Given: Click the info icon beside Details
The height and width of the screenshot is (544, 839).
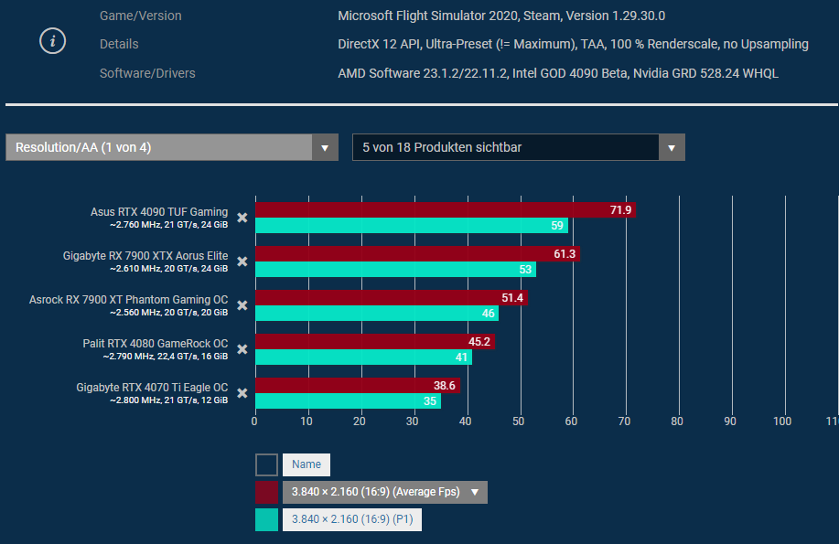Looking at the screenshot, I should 53,41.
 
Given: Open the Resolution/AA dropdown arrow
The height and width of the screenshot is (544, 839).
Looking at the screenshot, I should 325,147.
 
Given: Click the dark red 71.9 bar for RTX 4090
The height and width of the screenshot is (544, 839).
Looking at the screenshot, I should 445,210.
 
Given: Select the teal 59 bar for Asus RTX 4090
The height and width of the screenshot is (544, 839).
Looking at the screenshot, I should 411,226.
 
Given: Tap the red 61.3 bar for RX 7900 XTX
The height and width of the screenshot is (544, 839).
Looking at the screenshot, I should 416,254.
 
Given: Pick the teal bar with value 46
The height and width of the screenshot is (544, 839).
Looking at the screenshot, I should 376,314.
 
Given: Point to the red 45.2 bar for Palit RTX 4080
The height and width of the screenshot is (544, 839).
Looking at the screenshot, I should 374,342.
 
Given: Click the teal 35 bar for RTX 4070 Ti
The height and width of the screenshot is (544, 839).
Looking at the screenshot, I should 348,401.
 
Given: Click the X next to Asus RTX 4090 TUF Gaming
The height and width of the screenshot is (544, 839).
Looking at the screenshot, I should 242,218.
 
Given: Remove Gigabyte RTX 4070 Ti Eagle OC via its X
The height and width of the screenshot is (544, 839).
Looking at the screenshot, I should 242,393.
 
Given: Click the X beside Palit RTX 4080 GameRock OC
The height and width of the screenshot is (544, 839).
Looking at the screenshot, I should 242,349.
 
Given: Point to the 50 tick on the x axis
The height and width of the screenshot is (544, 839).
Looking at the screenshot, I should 519,421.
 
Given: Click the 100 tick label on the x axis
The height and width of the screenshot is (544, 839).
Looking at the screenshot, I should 782,421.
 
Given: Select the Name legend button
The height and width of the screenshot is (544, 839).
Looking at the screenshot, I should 307,465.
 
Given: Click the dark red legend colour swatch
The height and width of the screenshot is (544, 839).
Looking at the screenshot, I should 266,493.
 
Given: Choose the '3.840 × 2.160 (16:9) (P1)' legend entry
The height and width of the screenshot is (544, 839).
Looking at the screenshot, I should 351,519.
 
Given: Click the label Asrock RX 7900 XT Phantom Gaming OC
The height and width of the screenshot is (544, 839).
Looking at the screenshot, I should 128,300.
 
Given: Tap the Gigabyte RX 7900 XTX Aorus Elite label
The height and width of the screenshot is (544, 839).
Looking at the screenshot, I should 145,256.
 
